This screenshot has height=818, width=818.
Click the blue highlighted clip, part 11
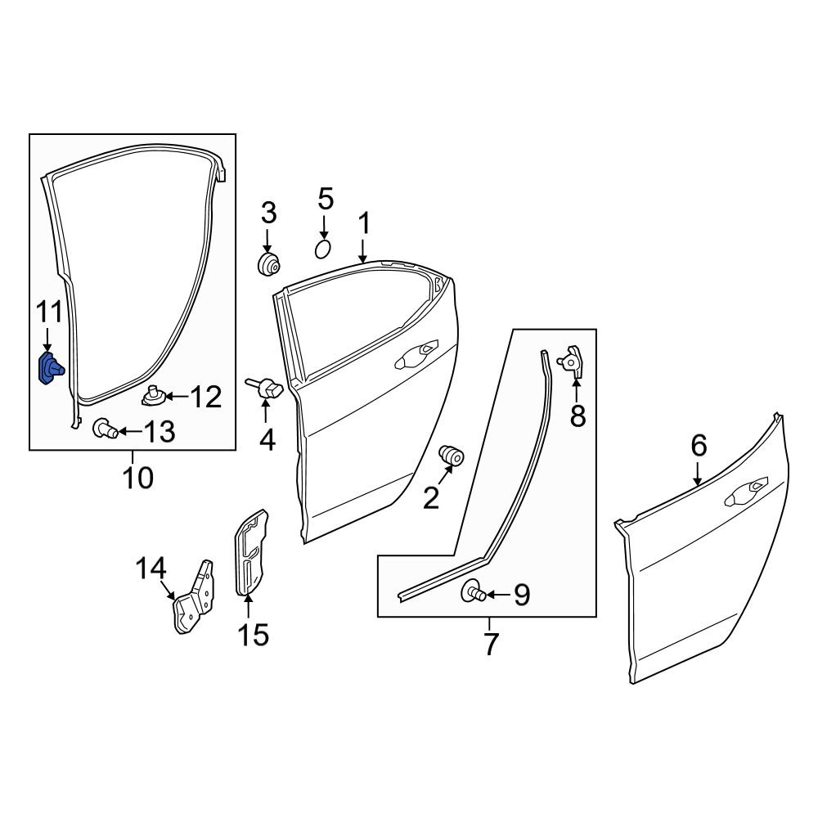(x=51, y=368)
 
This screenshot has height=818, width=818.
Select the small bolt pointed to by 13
(x=105, y=429)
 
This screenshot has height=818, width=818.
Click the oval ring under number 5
(x=323, y=249)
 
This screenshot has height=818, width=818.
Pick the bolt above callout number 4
(x=265, y=388)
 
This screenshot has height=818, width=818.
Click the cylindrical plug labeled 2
(x=451, y=456)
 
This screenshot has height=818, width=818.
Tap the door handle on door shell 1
(x=416, y=355)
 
